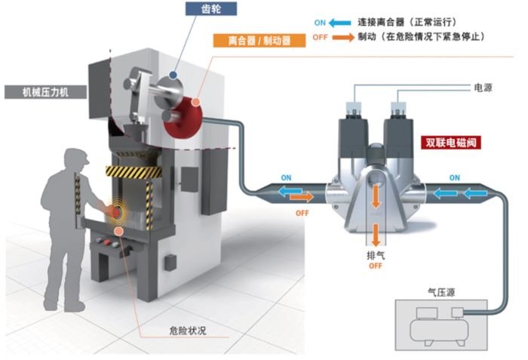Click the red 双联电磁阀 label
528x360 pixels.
pos(450,141)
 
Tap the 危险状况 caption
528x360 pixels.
pos(187,330)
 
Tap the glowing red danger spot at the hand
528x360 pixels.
pos(117,213)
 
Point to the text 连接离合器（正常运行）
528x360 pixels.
pos(410,23)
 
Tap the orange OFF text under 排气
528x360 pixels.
pos(376,266)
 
